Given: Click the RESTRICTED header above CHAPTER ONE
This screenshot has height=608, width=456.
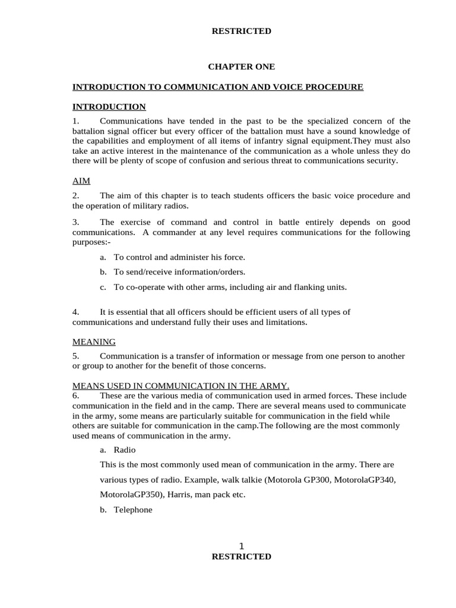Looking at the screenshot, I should [242, 31].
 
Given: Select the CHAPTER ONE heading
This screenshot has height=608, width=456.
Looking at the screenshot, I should [242, 67].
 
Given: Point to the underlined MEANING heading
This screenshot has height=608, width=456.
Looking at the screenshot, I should [94, 342].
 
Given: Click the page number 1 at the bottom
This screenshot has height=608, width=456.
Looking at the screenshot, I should [242, 546].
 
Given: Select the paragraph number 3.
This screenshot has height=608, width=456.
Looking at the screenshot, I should [75, 222].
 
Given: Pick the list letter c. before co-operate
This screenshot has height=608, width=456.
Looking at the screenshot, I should [103, 287].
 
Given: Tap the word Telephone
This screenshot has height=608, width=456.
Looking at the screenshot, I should [134, 509].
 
